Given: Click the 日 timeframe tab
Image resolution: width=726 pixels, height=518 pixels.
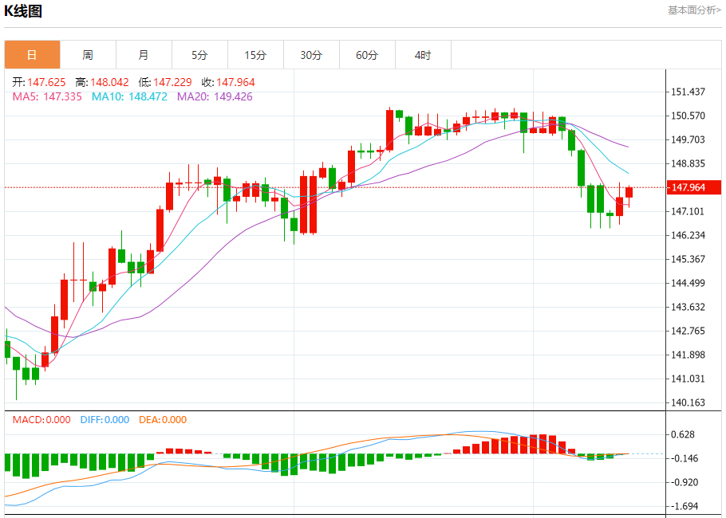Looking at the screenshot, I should coord(32,55).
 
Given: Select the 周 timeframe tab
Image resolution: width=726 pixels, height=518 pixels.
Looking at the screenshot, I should coord(88,55).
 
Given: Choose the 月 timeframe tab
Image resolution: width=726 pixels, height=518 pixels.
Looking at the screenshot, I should coord(144,55).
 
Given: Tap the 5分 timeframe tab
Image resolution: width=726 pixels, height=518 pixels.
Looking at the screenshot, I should coord(199,55).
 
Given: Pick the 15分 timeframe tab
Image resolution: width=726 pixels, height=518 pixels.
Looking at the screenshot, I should coord(255,55).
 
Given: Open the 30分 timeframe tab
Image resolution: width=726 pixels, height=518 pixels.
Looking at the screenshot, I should coord(311,55).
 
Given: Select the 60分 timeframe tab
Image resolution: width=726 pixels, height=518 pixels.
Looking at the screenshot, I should coord(367,55).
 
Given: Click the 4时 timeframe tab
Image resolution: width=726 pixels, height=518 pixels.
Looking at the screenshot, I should coord(423,55).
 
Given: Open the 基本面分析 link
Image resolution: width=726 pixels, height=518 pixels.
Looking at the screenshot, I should coord(693,10).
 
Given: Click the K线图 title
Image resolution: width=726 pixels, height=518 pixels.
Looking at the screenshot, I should coord(23,11).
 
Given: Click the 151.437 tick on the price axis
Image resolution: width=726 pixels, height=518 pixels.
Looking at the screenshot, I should coord(689,92).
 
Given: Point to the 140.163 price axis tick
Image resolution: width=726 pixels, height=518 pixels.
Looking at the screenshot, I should coord(689,402).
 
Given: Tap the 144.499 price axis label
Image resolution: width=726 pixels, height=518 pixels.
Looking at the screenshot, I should coord(689,283).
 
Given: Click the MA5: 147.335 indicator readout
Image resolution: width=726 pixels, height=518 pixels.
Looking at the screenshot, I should coord(46,96).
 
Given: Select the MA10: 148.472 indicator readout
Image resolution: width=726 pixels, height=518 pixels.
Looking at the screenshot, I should coord(129,96).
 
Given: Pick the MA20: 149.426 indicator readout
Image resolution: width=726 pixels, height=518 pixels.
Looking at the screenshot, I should coord(215,96).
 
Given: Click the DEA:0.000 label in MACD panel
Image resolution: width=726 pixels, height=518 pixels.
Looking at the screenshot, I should coord(163,420).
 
